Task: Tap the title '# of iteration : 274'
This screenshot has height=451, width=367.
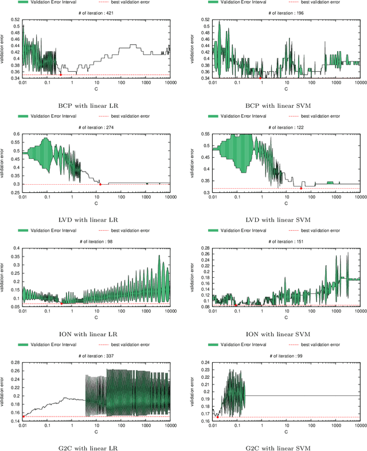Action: [96, 127]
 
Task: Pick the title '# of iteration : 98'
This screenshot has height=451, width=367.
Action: [96, 242]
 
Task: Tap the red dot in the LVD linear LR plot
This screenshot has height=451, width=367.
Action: [100, 184]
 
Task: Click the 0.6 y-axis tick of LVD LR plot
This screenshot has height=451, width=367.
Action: [16, 134]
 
